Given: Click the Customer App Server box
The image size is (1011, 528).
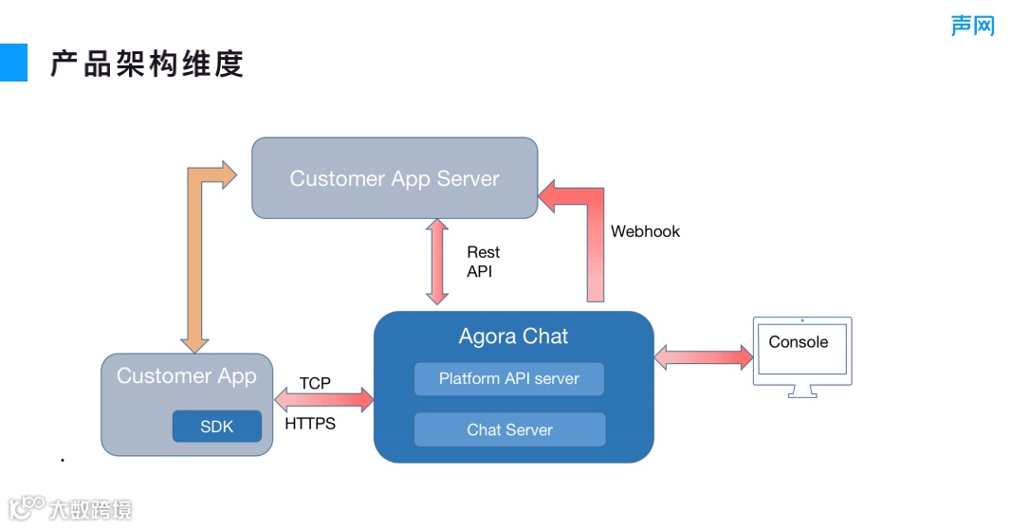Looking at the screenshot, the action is pos(395,178).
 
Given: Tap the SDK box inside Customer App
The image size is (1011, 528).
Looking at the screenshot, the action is pos(217,427).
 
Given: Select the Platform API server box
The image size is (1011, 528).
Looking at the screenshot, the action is pos(509,378).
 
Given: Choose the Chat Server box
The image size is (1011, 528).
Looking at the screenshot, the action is pos(510,429).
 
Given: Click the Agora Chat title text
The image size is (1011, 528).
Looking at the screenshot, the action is pos(513,336).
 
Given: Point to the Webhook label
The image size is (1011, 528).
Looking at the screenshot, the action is pos(645,231).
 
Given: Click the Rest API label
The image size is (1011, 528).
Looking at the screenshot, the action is pos(483,261).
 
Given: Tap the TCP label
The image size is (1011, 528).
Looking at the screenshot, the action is pos(315,383).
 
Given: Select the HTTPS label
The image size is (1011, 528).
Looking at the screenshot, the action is pos(310,424).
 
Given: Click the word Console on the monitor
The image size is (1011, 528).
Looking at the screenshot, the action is pos(799,341).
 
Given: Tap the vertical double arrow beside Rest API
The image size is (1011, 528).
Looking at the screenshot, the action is pos(437,261).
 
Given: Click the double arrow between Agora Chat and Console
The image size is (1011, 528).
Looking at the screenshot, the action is pos(704,357).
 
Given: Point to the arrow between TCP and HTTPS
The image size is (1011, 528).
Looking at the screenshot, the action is pos(323,400).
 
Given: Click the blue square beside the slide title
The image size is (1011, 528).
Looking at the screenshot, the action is pos(13,63).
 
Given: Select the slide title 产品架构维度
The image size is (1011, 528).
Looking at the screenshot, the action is pos(147,64).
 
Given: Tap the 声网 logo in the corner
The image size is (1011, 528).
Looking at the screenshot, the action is pos(973,26).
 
